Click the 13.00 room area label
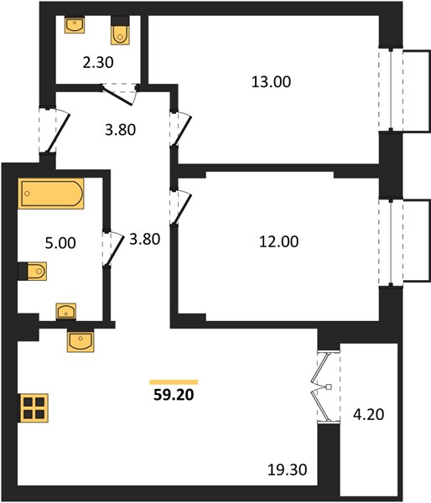[x=271, y=82]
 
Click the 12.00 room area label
[x=278, y=241]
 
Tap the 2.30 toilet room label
[x=98, y=62]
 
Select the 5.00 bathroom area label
[x=60, y=243]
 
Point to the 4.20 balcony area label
[x=368, y=414]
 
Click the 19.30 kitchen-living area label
[x=288, y=470]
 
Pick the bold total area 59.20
[x=174, y=395]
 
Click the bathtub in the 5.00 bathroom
[x=51, y=194]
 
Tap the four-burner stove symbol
[x=34, y=408]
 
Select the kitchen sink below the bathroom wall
[x=80, y=340]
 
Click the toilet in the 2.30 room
[x=121, y=30]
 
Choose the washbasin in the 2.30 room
[x=75, y=24]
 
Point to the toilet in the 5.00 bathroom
[x=33, y=271]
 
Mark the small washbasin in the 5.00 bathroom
[x=66, y=311]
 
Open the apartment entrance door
[x=55, y=131]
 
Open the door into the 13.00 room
[x=181, y=129]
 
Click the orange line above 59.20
[x=174, y=381]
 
